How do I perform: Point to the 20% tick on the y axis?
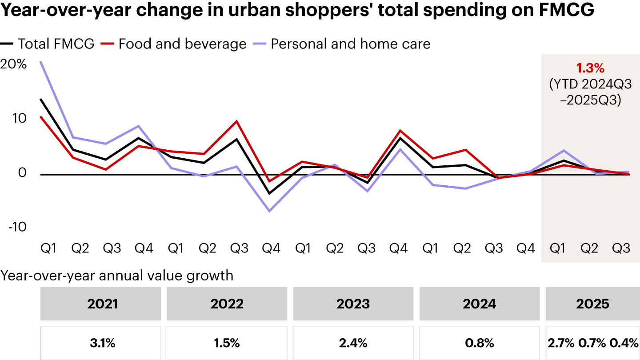(x=14, y=64)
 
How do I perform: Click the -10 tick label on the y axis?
(x=16, y=227)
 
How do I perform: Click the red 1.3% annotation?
(x=590, y=68)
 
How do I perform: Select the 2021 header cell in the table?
(x=101, y=304)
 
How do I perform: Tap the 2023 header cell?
(x=353, y=304)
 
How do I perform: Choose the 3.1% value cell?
(x=101, y=343)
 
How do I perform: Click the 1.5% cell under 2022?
(x=227, y=343)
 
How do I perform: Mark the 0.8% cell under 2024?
(x=480, y=343)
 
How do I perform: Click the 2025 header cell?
(x=592, y=304)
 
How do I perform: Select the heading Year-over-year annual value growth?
(x=117, y=276)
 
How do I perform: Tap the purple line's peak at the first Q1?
(x=41, y=61)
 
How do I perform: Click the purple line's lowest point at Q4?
(x=269, y=211)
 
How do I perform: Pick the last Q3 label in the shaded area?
(x=621, y=248)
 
